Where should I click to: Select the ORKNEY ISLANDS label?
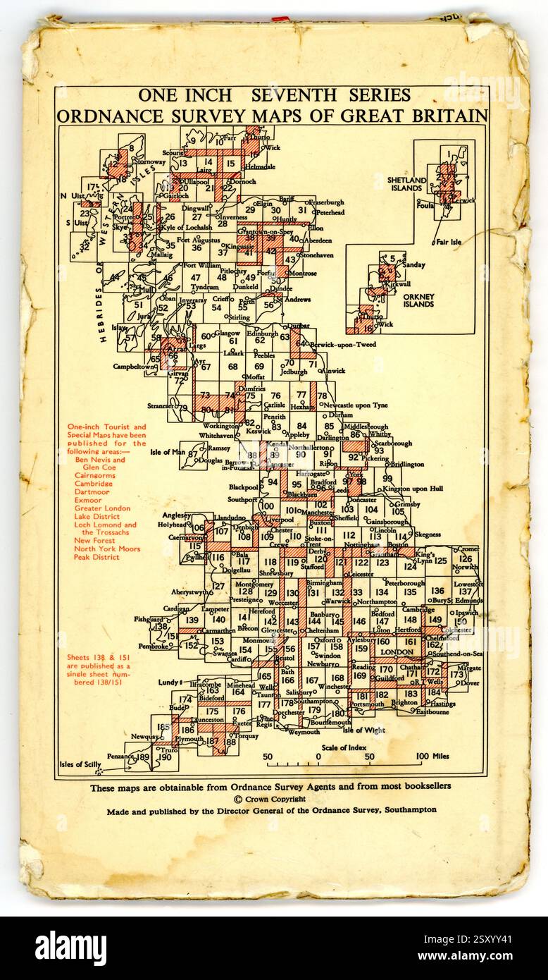coord(418,300)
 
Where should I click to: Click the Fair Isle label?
coord(449,242)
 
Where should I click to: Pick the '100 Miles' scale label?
coord(431,757)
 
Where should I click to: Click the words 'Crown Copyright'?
coord(275,799)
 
